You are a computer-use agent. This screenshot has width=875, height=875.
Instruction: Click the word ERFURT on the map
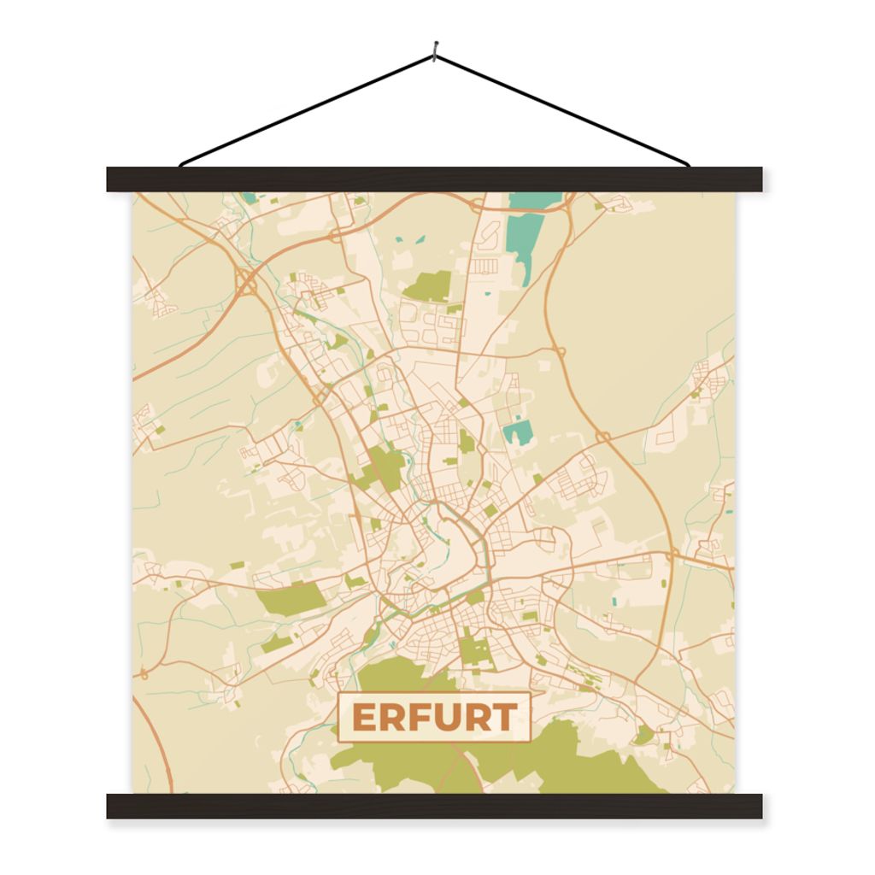pyautogui.click(x=434, y=717)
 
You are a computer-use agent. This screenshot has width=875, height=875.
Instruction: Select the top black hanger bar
pyautogui.click(x=434, y=179)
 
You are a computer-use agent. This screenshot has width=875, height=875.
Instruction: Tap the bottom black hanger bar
pyautogui.click(x=434, y=806)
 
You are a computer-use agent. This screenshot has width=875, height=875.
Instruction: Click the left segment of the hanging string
pyautogui.click(x=308, y=110)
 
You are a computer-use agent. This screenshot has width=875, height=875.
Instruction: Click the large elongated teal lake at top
pyautogui.click(x=526, y=231)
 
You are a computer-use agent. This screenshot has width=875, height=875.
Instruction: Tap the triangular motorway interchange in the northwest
pyautogui.click(x=247, y=282)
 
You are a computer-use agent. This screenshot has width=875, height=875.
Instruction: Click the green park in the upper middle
pyautogui.click(x=429, y=285)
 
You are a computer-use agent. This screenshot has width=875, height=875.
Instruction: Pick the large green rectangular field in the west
pyautogui.click(x=290, y=597)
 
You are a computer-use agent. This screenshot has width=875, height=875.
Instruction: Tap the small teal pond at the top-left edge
pyautogui.click(x=248, y=197)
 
